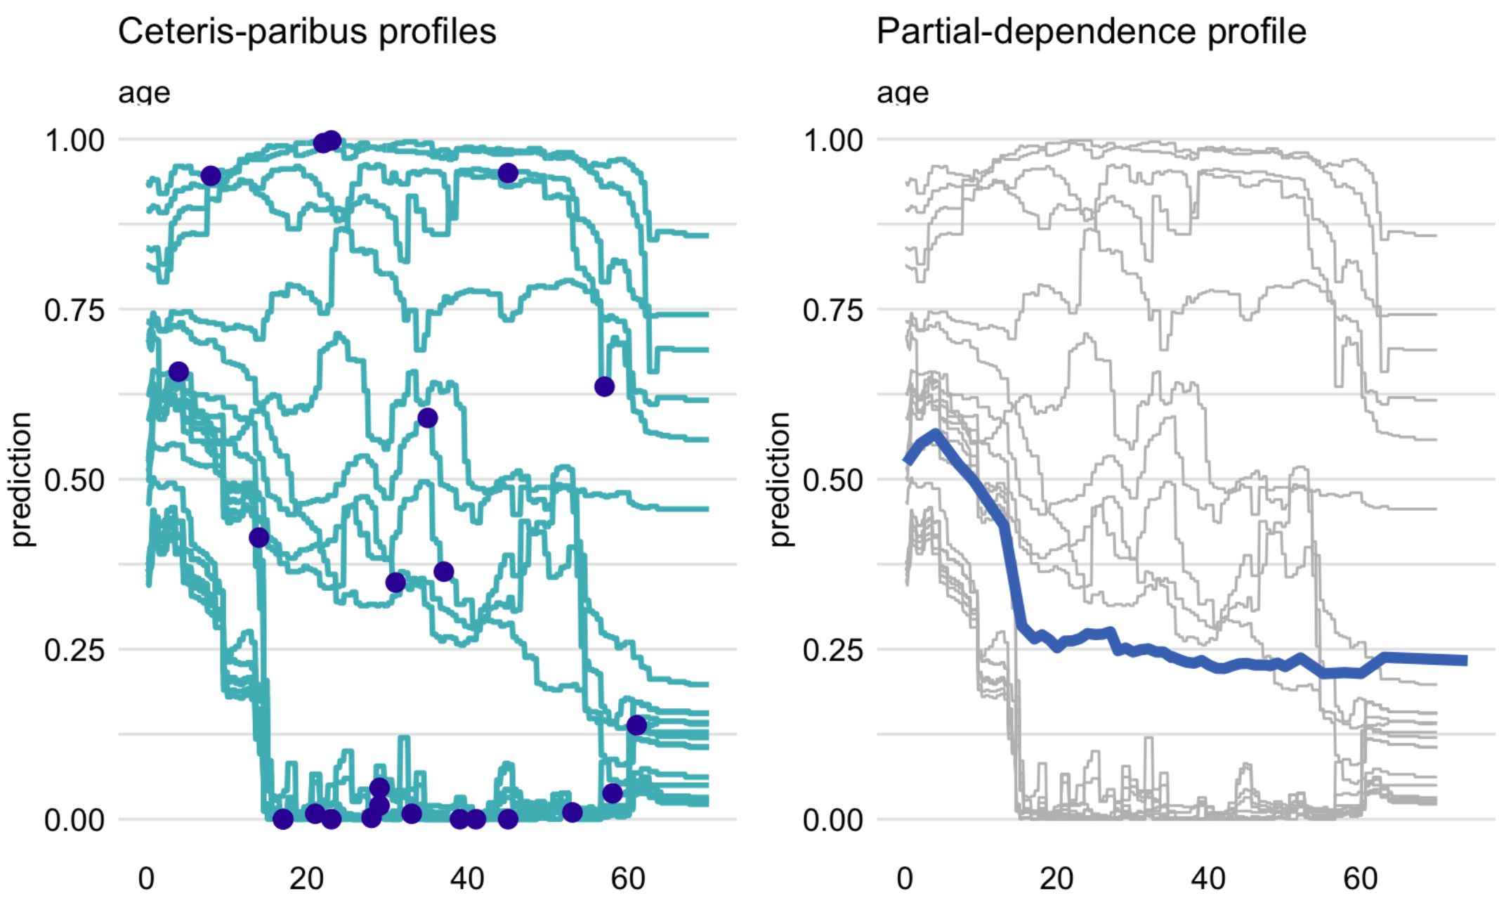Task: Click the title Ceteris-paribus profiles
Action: [307, 32]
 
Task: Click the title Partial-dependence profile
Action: [1091, 32]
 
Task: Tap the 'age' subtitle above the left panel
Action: [144, 93]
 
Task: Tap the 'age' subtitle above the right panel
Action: [903, 93]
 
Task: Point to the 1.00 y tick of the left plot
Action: [74, 141]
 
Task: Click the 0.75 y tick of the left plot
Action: [74, 310]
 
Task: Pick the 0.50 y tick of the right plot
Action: [833, 480]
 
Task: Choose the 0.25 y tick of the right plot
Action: [833, 650]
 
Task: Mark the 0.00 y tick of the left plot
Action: [74, 820]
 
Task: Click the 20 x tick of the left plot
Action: [306, 878]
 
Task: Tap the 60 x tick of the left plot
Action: [627, 878]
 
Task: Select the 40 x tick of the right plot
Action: [1208, 878]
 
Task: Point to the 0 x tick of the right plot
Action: [905, 878]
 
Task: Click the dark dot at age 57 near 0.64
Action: [604, 386]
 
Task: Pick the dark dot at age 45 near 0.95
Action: [508, 173]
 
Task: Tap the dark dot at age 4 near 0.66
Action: [178, 372]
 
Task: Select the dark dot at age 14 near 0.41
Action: [259, 538]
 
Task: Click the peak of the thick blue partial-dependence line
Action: [936, 434]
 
